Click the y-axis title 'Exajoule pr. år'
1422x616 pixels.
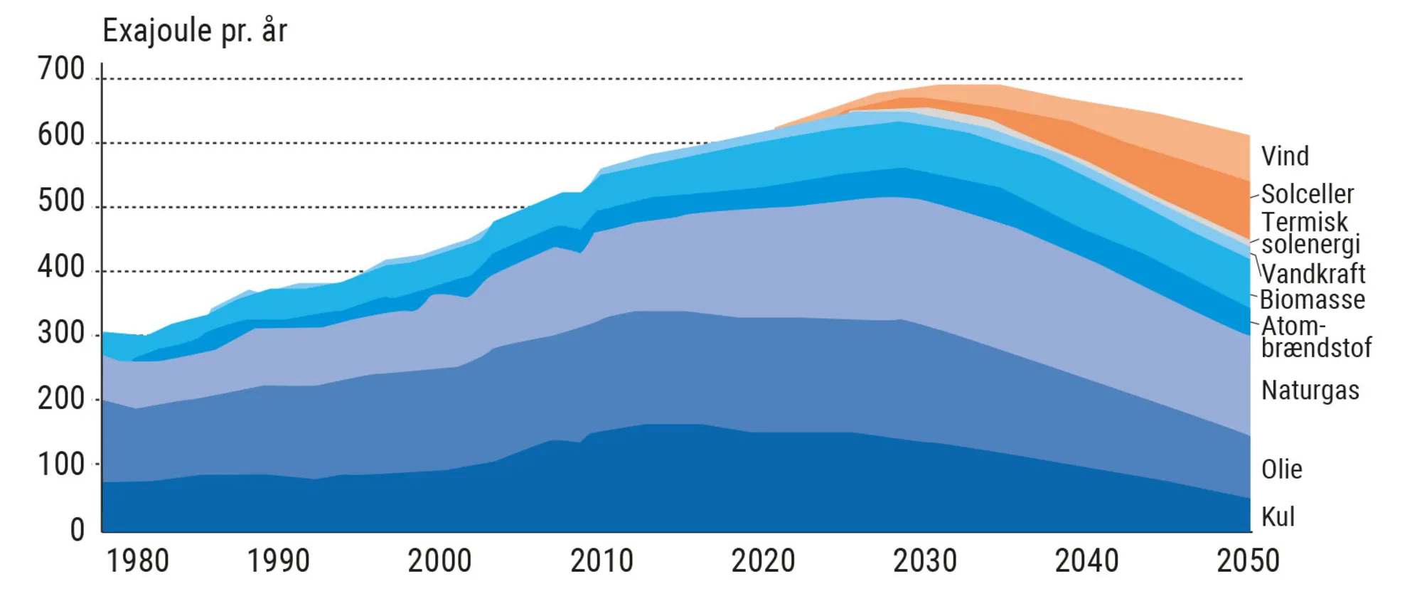click(x=195, y=31)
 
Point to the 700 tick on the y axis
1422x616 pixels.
click(x=61, y=70)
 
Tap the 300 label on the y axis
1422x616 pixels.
click(x=61, y=333)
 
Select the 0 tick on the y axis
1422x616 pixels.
click(x=77, y=531)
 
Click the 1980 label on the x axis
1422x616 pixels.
click(x=138, y=561)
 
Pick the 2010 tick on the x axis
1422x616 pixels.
click(x=602, y=561)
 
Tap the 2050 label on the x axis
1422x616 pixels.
click(x=1248, y=561)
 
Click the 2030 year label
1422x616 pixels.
click(x=925, y=561)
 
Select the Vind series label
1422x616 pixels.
click(x=1285, y=156)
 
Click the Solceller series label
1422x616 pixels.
click(x=1308, y=194)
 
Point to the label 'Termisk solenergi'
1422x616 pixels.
click(x=1310, y=233)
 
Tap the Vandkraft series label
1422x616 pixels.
click(x=1313, y=274)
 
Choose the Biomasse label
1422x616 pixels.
click(x=1313, y=300)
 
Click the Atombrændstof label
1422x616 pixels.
click(x=1315, y=337)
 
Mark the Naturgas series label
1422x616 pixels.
click(x=1310, y=391)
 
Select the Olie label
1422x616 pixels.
click(x=1282, y=469)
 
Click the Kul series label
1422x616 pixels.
click(x=1278, y=517)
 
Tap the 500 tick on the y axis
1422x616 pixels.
click(x=61, y=201)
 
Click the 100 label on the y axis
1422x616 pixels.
click(x=61, y=465)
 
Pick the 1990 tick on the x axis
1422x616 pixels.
click(x=278, y=561)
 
